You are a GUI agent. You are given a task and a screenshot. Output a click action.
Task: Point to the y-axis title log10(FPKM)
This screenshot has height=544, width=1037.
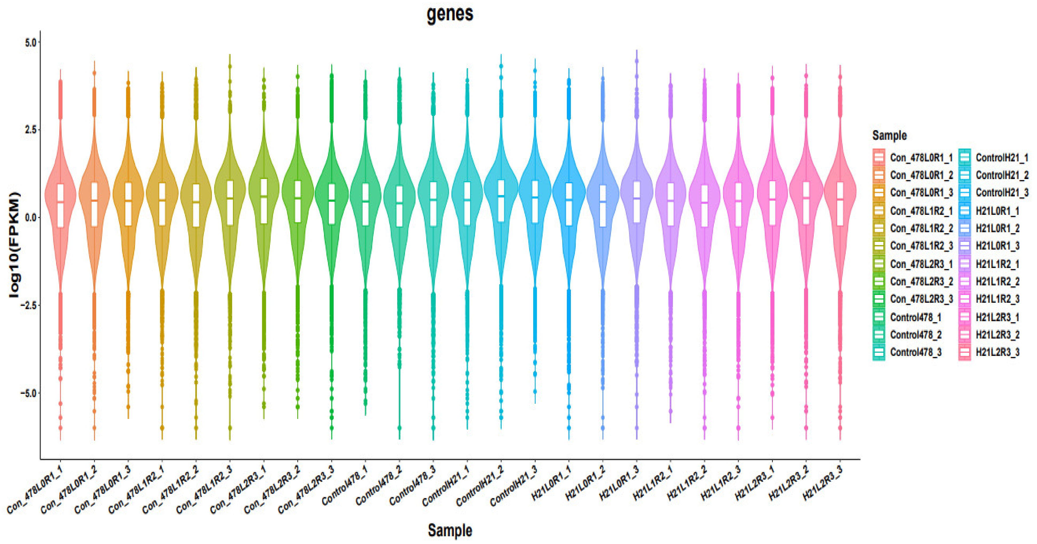point(14,244)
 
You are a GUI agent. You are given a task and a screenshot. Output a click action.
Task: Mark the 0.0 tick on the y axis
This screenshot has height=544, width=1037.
point(30,218)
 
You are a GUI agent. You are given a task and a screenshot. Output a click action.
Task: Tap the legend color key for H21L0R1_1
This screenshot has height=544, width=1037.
point(965,211)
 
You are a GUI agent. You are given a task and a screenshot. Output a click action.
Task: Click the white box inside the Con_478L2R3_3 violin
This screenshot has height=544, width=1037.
point(332,204)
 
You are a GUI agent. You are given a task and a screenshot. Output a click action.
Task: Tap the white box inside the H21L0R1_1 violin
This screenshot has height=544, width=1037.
point(569,204)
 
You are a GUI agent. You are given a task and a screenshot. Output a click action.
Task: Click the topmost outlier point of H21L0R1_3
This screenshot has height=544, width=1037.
point(637,61)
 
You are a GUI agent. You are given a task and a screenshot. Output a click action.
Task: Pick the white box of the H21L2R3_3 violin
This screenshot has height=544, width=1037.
point(840,204)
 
